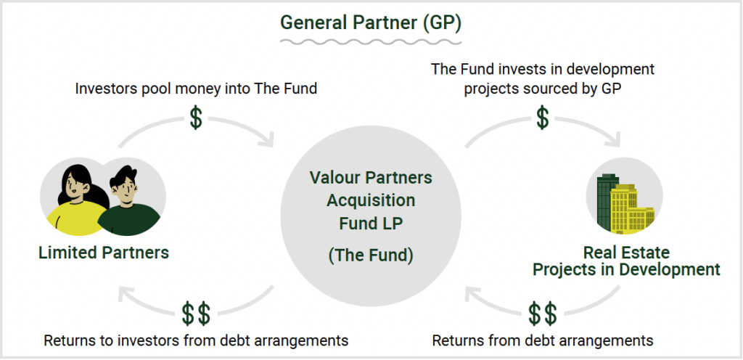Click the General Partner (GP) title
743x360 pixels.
pyautogui.click(x=371, y=22)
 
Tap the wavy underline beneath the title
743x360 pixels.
pyautogui.click(x=371, y=42)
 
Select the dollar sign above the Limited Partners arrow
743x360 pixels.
pyautogui.click(x=196, y=118)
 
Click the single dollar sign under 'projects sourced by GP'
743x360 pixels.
pyautogui.click(x=543, y=118)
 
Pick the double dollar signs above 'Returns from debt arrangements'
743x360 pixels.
pyautogui.click(x=543, y=313)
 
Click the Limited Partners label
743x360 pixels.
pyautogui.click(x=104, y=253)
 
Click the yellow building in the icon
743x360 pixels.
pyautogui.click(x=631, y=209)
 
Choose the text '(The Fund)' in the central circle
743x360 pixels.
pyautogui.click(x=371, y=255)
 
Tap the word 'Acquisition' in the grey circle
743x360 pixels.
pyautogui.click(x=371, y=200)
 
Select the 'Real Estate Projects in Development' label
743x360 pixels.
pyautogui.click(x=626, y=261)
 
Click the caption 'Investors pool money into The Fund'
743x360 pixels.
pyautogui.click(x=196, y=89)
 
